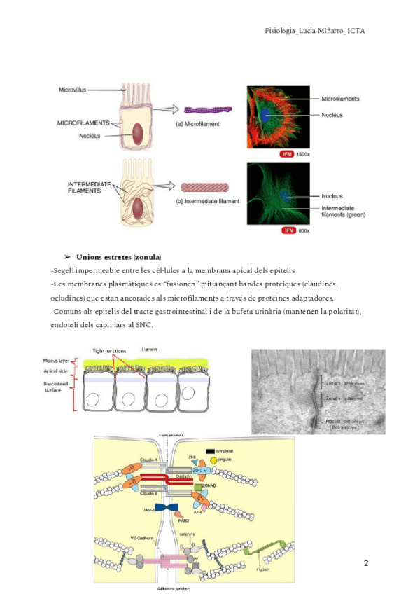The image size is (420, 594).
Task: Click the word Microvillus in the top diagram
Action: point(73,89)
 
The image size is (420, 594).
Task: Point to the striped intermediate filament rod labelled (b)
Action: point(201,187)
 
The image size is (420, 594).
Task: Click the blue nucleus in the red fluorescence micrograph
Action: point(265,114)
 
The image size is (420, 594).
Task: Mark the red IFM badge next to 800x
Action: point(286,230)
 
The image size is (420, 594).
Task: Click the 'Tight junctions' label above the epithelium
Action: point(110,351)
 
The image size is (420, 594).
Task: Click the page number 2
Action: point(366,563)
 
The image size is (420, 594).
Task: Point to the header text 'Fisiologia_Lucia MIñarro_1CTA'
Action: point(316,31)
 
